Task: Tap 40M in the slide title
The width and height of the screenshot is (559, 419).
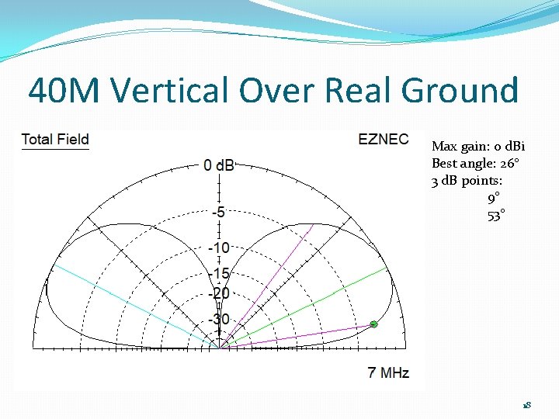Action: pyautogui.click(x=64, y=91)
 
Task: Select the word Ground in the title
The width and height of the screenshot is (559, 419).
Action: pyautogui.click(x=460, y=91)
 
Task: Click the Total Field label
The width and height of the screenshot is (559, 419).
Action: pyautogui.click(x=55, y=140)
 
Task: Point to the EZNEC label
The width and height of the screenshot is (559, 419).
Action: pyautogui.click(x=383, y=140)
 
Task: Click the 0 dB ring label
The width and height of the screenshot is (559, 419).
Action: pyautogui.click(x=220, y=165)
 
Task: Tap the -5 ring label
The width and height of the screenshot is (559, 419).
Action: pyautogui.click(x=220, y=212)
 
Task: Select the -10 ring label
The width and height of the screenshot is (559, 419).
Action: pyautogui.click(x=220, y=248)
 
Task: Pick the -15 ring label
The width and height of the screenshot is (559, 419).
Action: pyautogui.click(x=220, y=273)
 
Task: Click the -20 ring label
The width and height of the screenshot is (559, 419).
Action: pyautogui.click(x=220, y=293)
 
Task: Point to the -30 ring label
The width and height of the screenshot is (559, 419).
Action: pyautogui.click(x=220, y=319)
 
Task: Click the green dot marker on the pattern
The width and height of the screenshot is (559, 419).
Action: pyautogui.click(x=373, y=324)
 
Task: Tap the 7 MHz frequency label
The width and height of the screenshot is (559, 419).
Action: pyautogui.click(x=387, y=372)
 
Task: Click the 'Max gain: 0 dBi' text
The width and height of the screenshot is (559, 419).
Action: pyautogui.click(x=478, y=147)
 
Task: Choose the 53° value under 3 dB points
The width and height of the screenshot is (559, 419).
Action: pyautogui.click(x=496, y=216)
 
